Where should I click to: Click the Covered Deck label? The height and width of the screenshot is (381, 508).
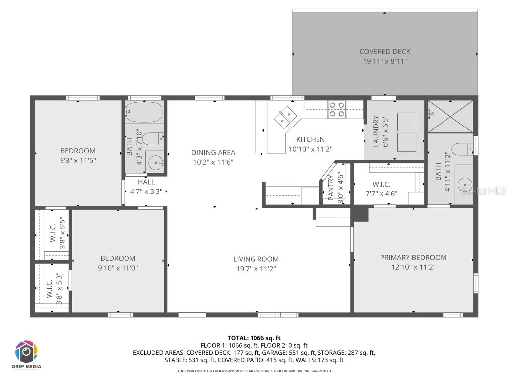tap(384, 51)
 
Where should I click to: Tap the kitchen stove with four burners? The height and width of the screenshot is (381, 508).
tap(337, 109)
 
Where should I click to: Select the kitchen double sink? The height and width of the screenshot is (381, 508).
tap(284, 117)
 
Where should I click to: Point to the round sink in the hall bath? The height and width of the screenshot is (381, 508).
tap(156, 161)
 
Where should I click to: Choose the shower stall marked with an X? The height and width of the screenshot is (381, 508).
tap(450, 117)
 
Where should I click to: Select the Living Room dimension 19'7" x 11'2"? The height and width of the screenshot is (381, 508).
tap(256, 268)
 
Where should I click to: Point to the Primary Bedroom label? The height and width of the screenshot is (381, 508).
tap(413, 257)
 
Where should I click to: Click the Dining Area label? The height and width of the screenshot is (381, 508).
tap(213, 153)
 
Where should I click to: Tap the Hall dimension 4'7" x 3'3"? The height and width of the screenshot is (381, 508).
tap(146, 191)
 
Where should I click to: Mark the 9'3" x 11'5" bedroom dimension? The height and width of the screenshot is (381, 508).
tap(78, 160)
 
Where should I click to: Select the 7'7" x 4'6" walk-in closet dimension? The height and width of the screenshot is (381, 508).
tap(381, 193)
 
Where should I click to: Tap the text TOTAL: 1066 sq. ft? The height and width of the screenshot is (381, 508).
tap(254, 338)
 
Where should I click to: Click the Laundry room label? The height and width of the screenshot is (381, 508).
tap(376, 131)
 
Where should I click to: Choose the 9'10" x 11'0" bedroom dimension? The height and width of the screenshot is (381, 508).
tap(118, 268)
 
